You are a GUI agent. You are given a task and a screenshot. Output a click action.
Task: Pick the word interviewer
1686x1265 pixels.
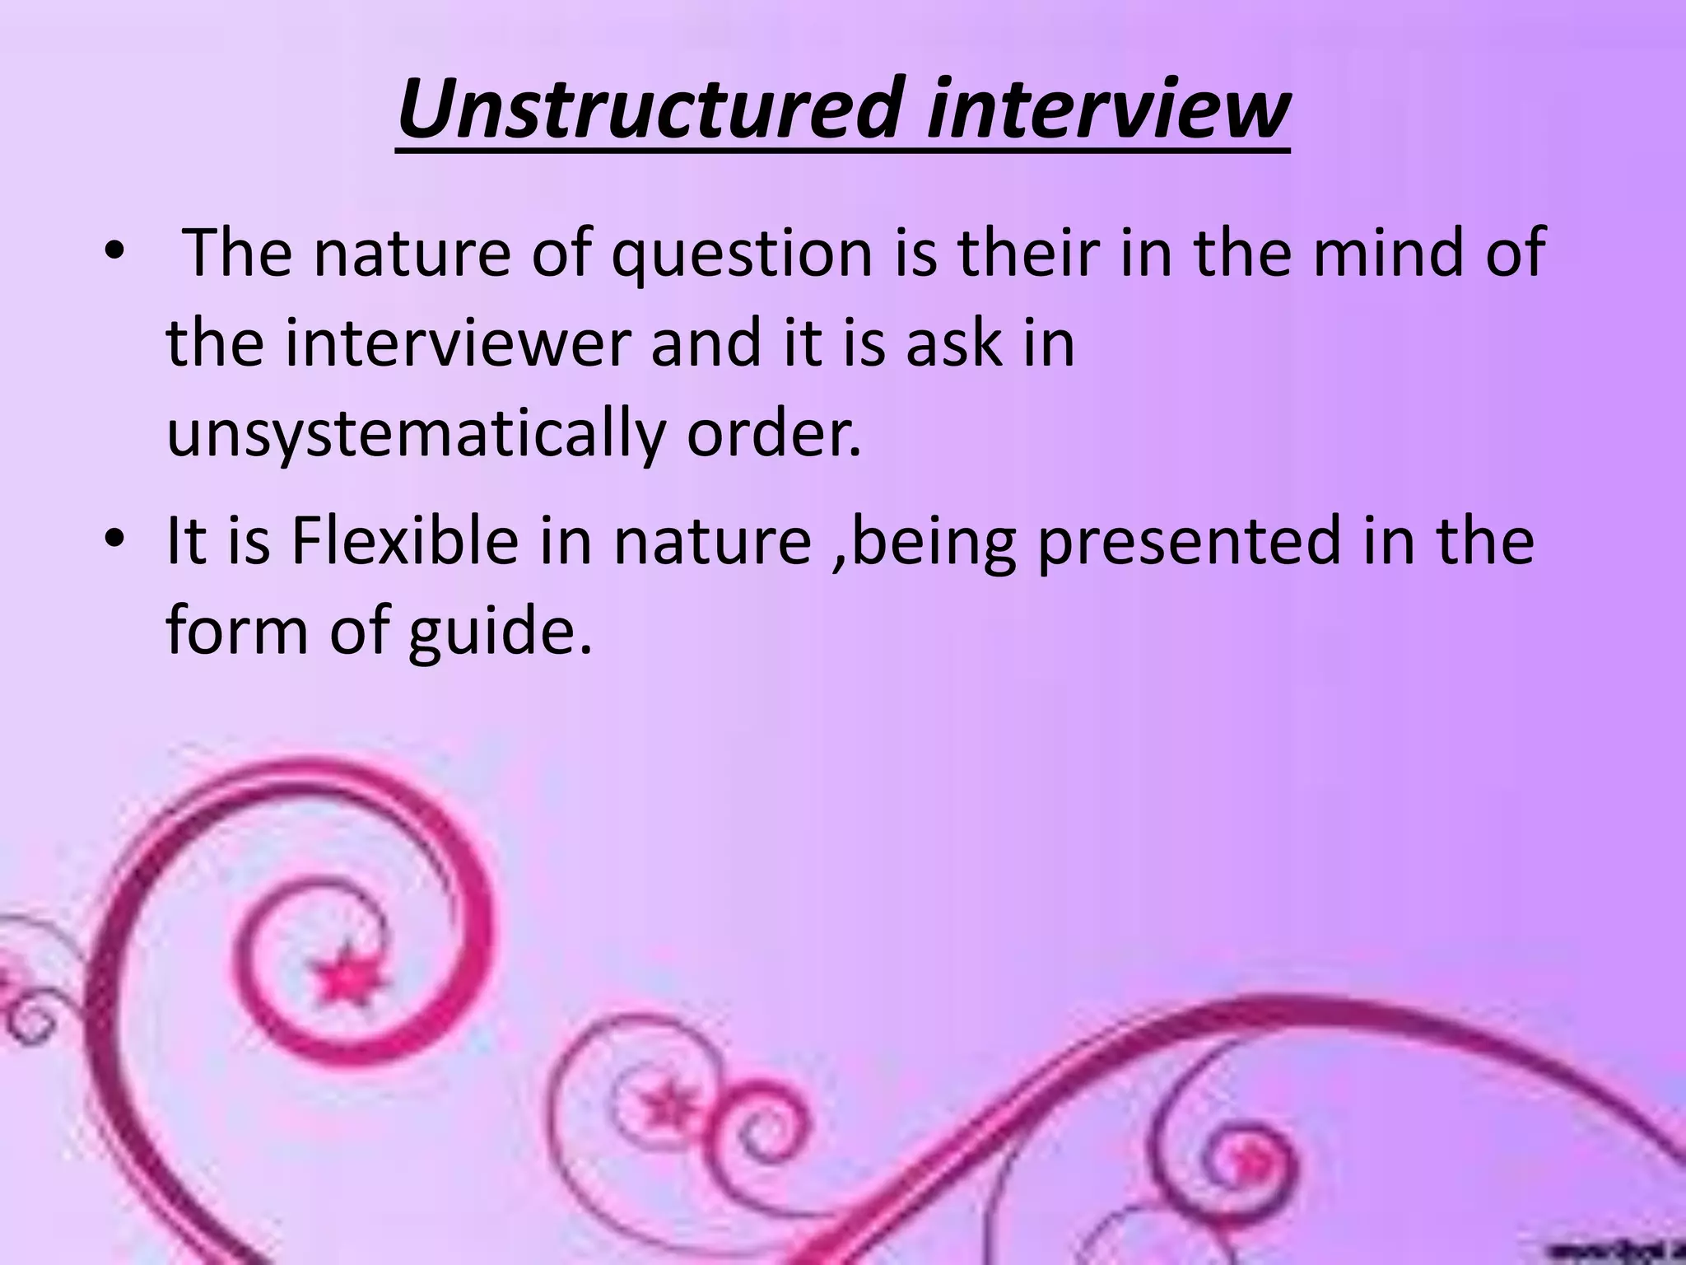tap(457, 343)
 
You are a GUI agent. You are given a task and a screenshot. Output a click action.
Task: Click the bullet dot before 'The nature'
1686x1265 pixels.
tap(113, 253)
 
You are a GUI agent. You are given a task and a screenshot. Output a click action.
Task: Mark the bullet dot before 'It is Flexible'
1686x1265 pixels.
tap(113, 541)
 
